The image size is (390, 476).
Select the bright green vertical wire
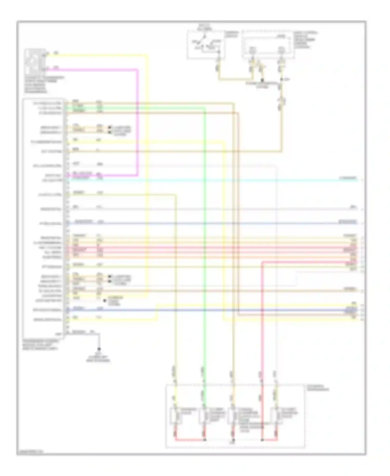(205, 234)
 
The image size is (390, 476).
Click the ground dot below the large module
(99, 349)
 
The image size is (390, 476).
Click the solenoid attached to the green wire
(204, 416)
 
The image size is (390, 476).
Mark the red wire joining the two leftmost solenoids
(190, 440)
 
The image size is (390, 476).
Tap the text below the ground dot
(98, 359)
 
